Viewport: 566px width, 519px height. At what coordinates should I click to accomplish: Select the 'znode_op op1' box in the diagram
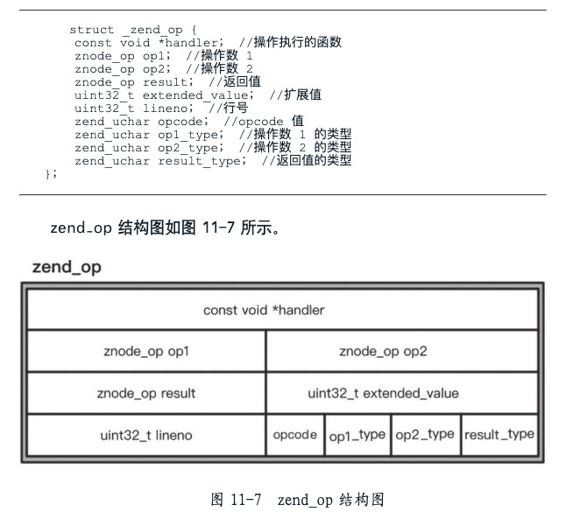[145, 352]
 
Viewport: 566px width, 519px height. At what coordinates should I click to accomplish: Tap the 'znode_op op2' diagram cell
[401, 352]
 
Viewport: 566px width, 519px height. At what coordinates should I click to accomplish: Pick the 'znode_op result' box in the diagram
[145, 393]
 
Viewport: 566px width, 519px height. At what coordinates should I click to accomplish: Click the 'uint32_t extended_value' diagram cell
[401, 393]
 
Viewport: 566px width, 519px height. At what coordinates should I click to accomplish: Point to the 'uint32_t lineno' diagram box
[145, 435]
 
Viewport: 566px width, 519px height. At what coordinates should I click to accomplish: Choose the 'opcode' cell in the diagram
[295, 435]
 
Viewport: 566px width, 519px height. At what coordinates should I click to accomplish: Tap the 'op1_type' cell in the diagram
[357, 435]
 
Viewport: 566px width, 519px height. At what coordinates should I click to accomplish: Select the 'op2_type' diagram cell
[425, 435]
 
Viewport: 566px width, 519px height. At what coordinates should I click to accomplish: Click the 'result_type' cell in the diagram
[499, 435]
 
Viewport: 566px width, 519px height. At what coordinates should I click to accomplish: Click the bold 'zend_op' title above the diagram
[67, 267]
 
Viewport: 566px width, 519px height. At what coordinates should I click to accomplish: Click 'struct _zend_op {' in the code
[133, 30]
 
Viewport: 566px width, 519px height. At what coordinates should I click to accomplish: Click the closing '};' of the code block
[51, 173]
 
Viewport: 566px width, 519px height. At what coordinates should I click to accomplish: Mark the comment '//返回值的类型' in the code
[306, 160]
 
